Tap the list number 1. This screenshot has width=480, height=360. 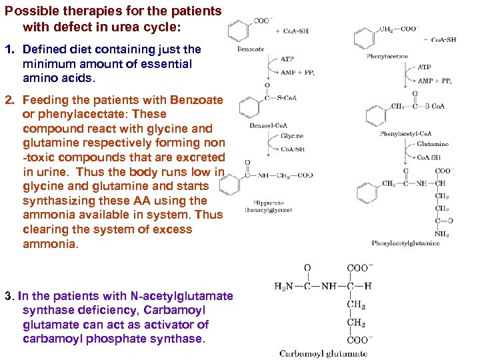point(9,50)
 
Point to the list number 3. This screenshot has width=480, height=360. point(9,296)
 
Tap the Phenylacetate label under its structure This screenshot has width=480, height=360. point(387,57)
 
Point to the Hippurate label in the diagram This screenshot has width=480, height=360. point(269,203)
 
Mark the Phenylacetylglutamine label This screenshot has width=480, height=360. point(405,243)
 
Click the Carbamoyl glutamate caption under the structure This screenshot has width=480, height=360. point(323,353)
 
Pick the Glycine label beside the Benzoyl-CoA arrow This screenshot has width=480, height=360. point(291,135)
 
